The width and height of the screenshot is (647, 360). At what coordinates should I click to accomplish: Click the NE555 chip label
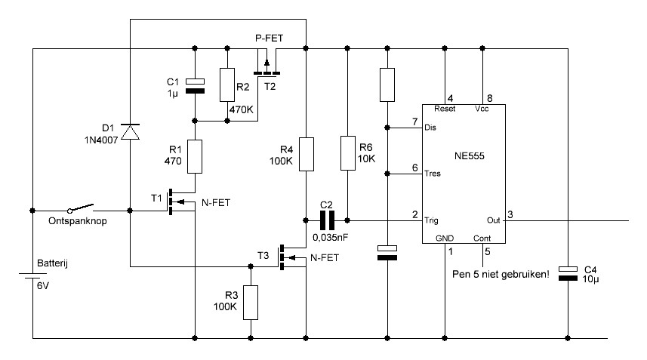pos(469,156)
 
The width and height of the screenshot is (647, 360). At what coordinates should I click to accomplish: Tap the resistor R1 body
pos(195,157)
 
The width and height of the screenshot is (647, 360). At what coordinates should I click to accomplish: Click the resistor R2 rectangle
pos(227,85)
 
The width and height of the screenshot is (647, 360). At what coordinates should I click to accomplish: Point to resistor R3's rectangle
pos(251,303)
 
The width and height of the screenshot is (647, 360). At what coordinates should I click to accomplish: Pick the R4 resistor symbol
pos(307,154)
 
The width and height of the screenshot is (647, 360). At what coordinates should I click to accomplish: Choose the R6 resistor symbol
pos(348,153)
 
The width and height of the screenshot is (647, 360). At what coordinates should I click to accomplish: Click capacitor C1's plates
pos(195,86)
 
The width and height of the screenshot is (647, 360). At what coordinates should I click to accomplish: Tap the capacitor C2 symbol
pos(327,220)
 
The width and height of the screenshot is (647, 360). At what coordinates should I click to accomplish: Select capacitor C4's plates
pos(568,274)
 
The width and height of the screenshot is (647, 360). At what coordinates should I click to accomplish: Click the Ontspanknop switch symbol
pos(81,208)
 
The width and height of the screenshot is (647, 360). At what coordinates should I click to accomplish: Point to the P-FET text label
pos(269,38)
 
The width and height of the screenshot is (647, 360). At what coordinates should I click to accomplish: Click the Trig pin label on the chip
pos(432,220)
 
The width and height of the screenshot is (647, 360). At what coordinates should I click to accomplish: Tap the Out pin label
pos(494,220)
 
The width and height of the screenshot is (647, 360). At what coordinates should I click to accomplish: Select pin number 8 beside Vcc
pos(490,98)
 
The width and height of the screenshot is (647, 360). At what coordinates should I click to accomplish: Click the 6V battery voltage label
pos(43,285)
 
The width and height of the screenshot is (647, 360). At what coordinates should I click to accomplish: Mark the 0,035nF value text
pos(330,238)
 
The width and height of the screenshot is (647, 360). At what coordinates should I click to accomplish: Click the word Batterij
pos(52,263)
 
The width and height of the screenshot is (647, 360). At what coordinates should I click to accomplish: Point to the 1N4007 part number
pos(101,140)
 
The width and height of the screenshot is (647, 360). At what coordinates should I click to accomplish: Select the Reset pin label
pos(445,109)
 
